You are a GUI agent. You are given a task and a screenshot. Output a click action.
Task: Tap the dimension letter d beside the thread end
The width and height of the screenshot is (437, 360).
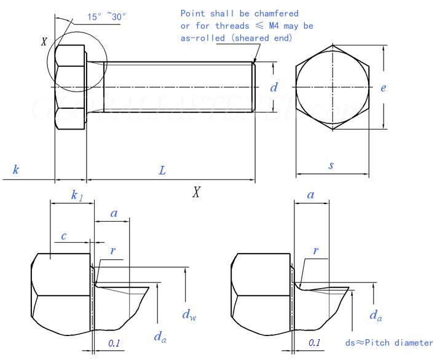274,88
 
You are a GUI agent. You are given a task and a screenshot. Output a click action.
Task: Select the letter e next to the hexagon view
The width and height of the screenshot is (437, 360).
383,88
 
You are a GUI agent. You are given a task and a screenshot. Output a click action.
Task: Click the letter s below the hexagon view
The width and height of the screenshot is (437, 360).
331,165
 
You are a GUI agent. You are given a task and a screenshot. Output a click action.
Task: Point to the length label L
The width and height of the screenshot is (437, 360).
162,171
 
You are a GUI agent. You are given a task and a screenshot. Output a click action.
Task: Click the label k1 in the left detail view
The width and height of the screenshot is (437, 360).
77,195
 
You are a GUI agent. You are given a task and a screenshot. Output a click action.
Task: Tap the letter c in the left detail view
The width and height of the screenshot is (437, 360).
63,236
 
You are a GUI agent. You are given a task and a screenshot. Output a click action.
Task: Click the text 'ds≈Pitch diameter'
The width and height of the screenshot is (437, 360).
390,342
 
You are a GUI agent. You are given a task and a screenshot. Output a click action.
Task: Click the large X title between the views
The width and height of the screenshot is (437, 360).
196,192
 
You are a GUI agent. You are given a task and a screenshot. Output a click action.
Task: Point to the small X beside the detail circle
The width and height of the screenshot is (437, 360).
44,42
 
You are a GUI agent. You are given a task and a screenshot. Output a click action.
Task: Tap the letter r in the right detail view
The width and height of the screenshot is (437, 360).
315,251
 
